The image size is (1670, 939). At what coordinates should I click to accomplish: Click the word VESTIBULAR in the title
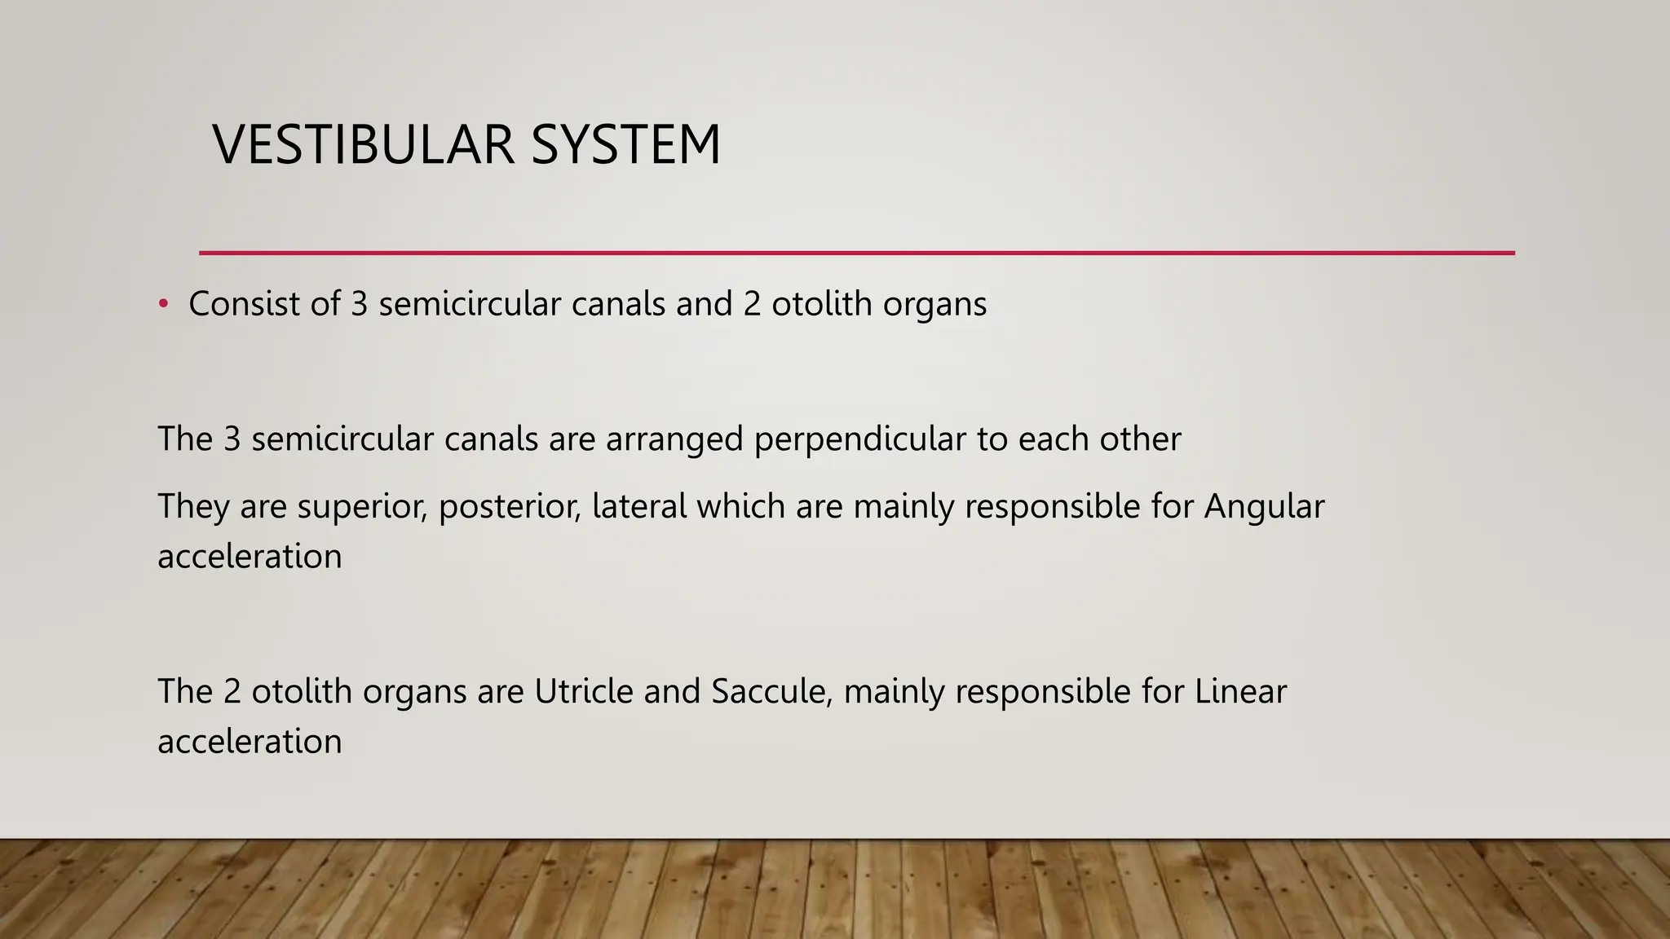pyautogui.click(x=364, y=145)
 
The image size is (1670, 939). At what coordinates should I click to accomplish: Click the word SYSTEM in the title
pyautogui.click(x=625, y=145)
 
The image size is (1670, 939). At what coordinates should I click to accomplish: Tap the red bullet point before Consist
pyautogui.click(x=163, y=304)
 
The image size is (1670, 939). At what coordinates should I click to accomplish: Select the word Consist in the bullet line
pyautogui.click(x=243, y=304)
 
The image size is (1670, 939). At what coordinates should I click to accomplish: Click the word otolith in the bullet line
pyautogui.click(x=821, y=304)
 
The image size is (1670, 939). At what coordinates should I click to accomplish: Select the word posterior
pyautogui.click(x=510, y=507)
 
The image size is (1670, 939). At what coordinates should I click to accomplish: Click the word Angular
pyautogui.click(x=1264, y=507)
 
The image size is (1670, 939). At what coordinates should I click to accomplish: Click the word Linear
pyautogui.click(x=1240, y=692)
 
